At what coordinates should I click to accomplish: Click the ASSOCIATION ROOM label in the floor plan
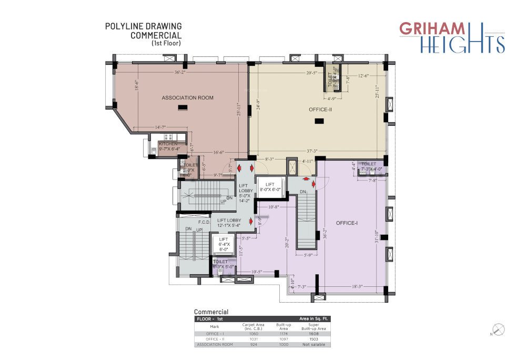tap(187, 98)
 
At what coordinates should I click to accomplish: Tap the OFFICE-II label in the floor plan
tap(320, 110)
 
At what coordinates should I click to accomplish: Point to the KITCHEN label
tap(168, 144)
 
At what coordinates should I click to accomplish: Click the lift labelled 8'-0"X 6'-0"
tap(270, 187)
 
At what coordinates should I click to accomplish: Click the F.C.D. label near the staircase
tap(205, 222)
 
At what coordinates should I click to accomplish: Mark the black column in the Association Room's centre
tap(183, 108)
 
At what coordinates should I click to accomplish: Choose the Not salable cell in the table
tap(314, 345)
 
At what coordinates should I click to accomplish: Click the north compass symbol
tap(499, 330)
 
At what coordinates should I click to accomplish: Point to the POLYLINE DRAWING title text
tap(144, 26)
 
